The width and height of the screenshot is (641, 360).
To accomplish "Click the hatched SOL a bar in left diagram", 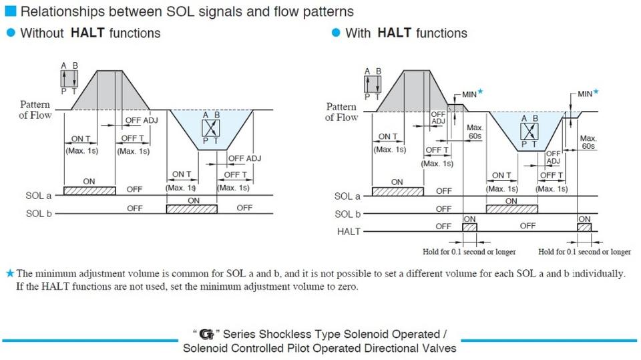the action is pos(89,191).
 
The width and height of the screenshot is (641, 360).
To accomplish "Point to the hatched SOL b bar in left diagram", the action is pos(192,210).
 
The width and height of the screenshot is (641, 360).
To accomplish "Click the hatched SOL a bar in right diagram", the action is pos(397,192).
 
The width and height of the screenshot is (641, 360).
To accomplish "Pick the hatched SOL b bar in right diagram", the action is pos(511,210).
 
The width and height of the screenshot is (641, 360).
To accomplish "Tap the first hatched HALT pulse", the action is pos(469,228).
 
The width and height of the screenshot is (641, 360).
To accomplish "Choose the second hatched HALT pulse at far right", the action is pos(584,228).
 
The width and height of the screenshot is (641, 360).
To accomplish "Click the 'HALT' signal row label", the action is pos(349,232).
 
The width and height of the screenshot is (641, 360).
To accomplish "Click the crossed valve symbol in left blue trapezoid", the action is pos(210,127).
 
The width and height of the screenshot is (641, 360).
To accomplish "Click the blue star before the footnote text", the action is pos(9,273).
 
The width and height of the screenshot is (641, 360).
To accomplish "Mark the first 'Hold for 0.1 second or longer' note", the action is pos(469,252).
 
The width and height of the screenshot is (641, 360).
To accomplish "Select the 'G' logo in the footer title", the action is pos(213,334).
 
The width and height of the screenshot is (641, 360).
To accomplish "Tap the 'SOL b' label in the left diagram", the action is pos(39,214).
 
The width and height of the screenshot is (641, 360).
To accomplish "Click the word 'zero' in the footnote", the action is pos(346,287).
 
